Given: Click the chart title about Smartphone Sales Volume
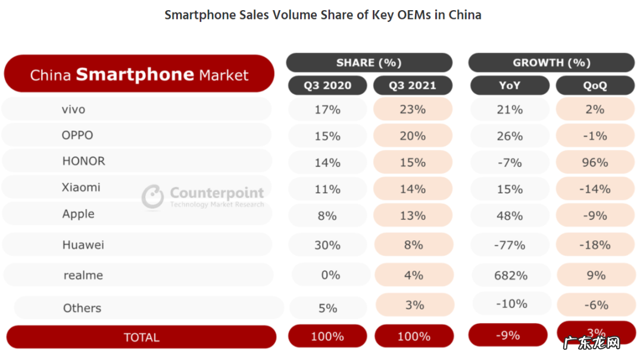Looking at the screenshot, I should [323, 15].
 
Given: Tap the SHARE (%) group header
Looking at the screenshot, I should [369, 62].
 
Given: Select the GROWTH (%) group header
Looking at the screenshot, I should [551, 62].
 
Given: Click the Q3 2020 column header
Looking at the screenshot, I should [327, 85].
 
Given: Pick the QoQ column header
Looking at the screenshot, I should [595, 85].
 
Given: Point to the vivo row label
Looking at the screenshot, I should [74, 109].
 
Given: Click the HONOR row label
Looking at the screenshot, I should [83, 161].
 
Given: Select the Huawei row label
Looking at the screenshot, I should [83, 245].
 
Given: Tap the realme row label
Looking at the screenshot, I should [83, 276].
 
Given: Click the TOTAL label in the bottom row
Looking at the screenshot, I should [142, 337].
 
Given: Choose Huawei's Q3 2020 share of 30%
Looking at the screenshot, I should [327, 245].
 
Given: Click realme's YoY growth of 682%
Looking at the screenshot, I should [510, 276].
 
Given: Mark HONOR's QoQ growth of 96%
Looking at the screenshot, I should [595, 162].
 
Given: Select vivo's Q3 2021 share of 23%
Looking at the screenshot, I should [413, 109].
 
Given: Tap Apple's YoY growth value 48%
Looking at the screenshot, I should [510, 215].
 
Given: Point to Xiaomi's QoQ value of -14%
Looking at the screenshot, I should [595, 189].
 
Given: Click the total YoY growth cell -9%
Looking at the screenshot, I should [508, 336].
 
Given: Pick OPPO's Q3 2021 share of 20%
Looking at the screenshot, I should [413, 136].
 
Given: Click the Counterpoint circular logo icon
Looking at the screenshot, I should [152, 196].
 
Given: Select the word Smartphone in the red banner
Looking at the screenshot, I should [135, 74].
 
